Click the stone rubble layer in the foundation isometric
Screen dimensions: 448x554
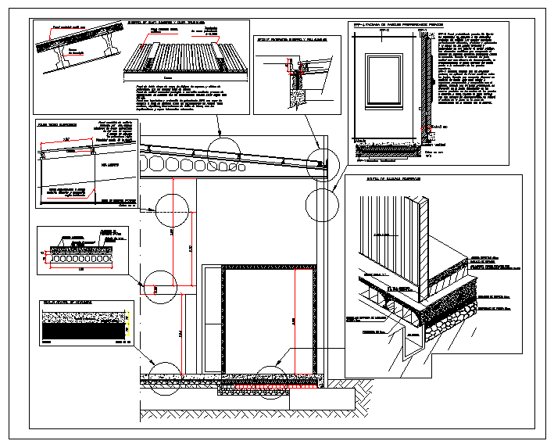click(x=449, y=312)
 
